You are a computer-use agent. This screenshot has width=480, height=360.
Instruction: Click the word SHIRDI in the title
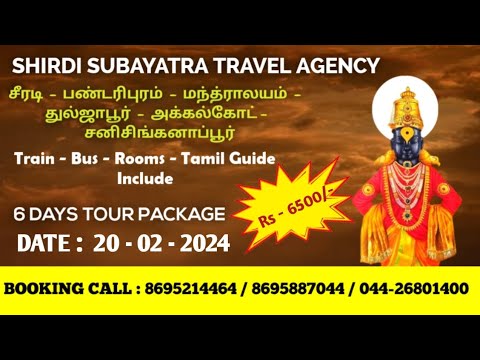click(x=43, y=67)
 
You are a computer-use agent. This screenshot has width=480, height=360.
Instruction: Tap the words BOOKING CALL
click(x=63, y=289)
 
